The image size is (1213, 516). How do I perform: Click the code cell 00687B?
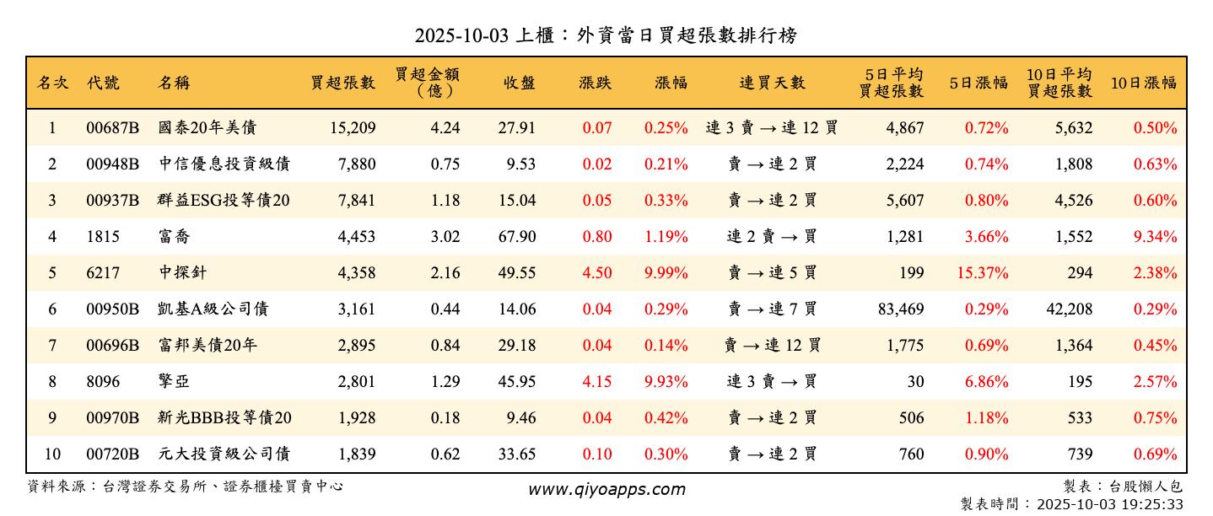pyautogui.click(x=112, y=128)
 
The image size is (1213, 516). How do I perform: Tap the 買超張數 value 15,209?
pyautogui.click(x=349, y=128)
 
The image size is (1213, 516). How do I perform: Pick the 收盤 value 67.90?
pyautogui.click(x=517, y=237)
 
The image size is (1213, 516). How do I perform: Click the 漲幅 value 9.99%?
pyautogui.click(x=666, y=273)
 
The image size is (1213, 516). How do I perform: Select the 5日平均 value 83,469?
pyautogui.click(x=901, y=309)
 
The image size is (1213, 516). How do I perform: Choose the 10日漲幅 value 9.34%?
pyautogui.click(x=1155, y=237)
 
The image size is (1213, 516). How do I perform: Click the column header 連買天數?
pyautogui.click(x=772, y=83)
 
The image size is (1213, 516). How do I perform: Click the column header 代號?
pyautogui.click(x=103, y=83)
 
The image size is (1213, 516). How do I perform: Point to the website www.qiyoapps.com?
pyautogui.click(x=606, y=489)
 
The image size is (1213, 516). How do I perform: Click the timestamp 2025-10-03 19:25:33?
pyautogui.click(x=1109, y=504)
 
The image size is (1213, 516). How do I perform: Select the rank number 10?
pyautogui.click(x=52, y=454)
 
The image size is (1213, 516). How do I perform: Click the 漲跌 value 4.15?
pyautogui.click(x=597, y=382)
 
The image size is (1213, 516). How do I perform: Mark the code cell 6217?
pyautogui.click(x=103, y=273)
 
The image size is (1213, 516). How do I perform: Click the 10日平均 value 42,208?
pyautogui.click(x=1069, y=309)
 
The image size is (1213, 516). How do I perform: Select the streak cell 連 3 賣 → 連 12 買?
pyautogui.click(x=772, y=128)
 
